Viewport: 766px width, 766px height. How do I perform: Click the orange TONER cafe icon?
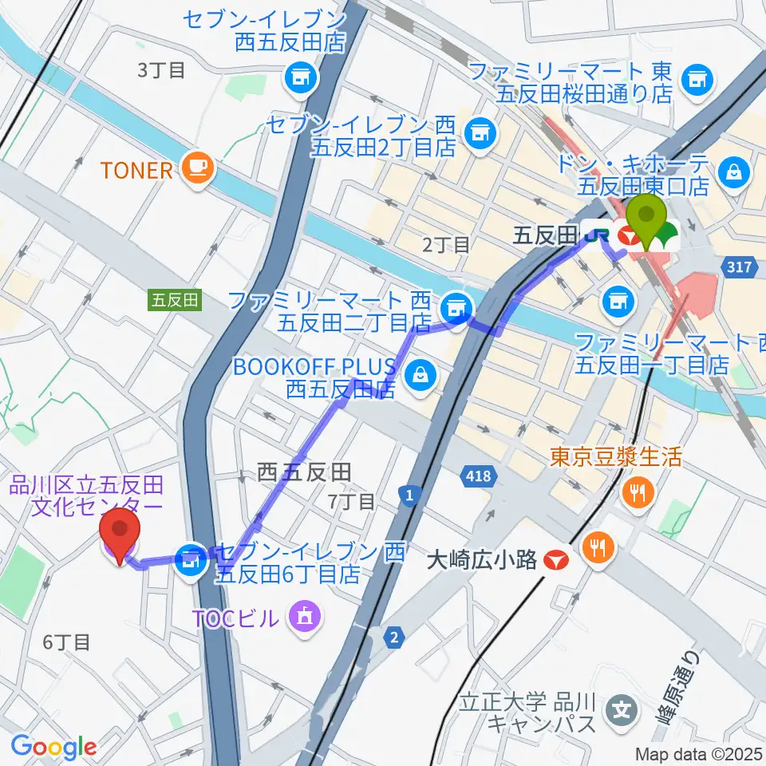(195, 168)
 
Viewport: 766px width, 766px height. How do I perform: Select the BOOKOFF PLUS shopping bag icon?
(420, 372)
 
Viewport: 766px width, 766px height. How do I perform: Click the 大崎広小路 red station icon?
(555, 561)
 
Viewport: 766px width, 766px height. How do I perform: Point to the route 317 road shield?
(739, 267)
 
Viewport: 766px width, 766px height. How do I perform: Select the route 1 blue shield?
(409, 497)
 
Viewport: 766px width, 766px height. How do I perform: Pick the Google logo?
(53, 747)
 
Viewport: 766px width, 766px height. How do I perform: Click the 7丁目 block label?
(351, 501)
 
